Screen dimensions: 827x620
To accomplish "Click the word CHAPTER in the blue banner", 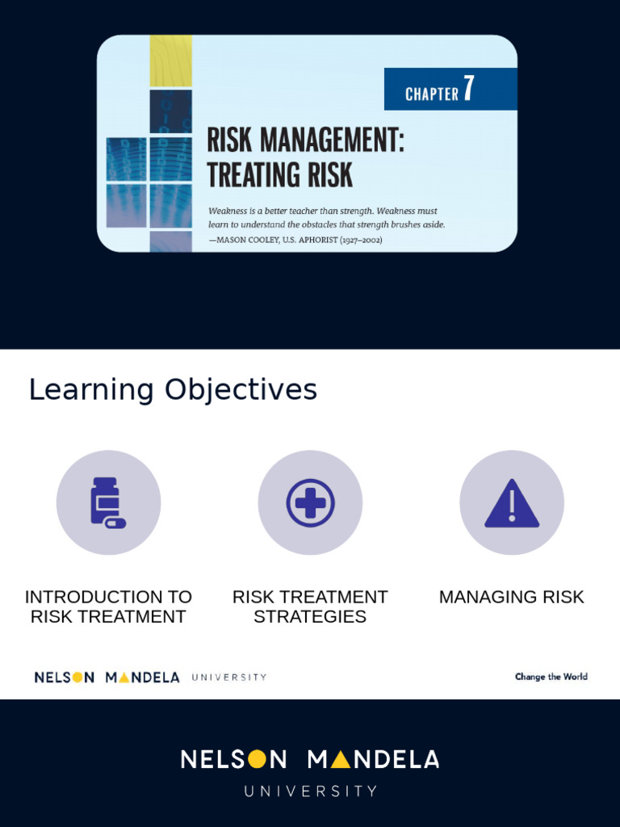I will click(x=432, y=94).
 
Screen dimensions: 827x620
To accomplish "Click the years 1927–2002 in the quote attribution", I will click(x=361, y=240).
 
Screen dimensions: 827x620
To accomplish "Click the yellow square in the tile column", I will click(x=170, y=61).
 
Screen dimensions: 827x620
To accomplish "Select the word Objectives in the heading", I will click(x=241, y=390).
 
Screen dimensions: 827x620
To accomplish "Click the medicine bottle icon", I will click(x=107, y=502).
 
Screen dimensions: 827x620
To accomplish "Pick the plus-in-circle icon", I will click(x=310, y=502).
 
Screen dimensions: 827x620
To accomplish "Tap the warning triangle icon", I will click(x=512, y=503).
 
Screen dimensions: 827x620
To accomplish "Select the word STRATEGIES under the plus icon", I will click(x=310, y=616).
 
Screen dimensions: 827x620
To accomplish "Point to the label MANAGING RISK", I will click(x=512, y=597).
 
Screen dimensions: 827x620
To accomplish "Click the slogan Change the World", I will click(x=551, y=677).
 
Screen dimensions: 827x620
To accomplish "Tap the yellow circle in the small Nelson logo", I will click(x=78, y=678).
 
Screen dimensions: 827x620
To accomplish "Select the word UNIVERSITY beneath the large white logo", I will click(x=311, y=791).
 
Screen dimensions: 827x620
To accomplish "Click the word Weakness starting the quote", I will click(x=228, y=211).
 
